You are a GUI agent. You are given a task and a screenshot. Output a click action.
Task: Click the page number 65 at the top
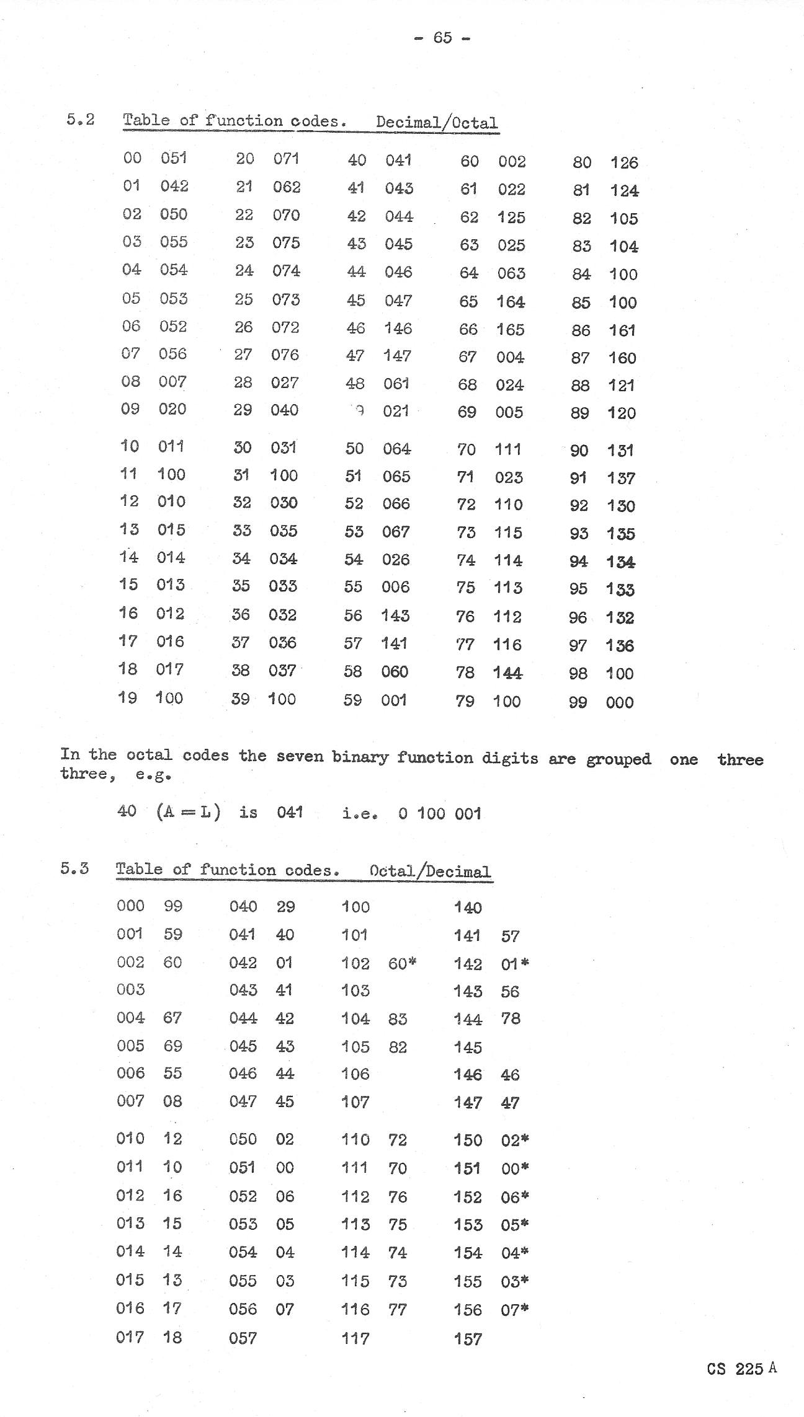point(442,38)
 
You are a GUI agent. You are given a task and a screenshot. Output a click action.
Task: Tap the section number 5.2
point(81,119)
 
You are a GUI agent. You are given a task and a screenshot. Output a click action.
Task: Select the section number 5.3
point(74,868)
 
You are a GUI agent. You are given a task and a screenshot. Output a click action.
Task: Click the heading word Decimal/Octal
point(437,122)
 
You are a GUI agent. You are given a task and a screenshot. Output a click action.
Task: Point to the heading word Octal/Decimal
point(430,871)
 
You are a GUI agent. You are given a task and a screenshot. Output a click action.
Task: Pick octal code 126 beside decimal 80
point(624,163)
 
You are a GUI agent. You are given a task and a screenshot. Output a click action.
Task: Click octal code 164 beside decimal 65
point(511,302)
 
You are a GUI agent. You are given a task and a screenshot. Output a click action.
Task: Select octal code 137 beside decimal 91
point(621,478)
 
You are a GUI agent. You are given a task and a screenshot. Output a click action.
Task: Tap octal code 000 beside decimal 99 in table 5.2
point(620,702)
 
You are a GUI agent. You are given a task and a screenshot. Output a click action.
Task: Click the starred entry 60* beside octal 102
point(402,963)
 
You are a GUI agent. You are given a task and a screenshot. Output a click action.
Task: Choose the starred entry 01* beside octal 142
point(515,964)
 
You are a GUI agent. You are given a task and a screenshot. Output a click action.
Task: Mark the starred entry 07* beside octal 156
point(515,1309)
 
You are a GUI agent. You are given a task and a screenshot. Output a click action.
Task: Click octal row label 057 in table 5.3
point(243,1338)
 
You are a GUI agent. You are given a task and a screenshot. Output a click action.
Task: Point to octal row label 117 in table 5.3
point(355,1338)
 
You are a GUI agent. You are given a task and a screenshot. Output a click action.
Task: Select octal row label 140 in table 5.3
point(468,907)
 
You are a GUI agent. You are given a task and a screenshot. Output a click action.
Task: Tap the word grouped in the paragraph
point(619,759)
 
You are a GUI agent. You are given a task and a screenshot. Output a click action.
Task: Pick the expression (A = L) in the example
point(189,811)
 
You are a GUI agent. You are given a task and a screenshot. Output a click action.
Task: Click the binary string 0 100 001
point(440,813)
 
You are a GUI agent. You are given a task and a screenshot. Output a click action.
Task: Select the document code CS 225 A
point(741,1368)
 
